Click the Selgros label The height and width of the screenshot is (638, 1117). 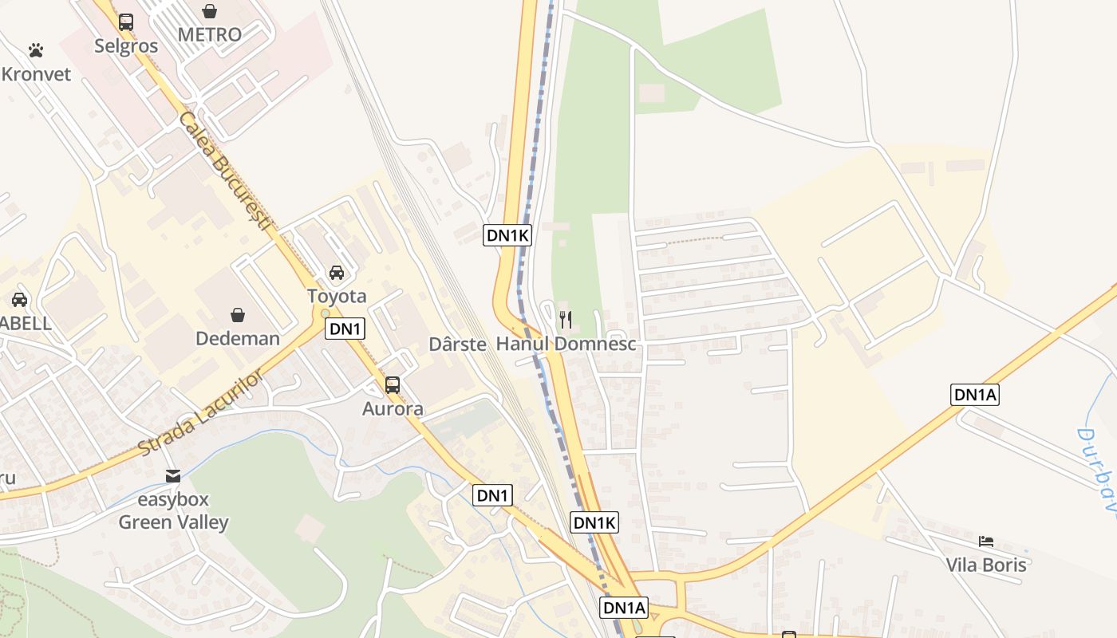[x=126, y=46]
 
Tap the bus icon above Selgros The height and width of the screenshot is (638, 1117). [x=126, y=22]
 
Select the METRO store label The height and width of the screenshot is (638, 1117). [x=209, y=35]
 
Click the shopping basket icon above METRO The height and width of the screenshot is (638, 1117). [x=209, y=11]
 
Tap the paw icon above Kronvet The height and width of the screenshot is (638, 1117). [x=36, y=50]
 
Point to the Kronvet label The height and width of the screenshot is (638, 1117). [x=37, y=74]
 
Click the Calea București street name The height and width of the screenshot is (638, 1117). [x=225, y=172]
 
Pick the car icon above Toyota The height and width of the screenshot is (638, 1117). [x=337, y=273]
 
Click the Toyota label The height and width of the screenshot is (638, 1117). [x=337, y=297]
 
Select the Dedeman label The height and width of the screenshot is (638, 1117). [x=238, y=338]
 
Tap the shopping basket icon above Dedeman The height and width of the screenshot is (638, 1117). [x=237, y=315]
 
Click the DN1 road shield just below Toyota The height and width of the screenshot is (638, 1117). [x=345, y=329]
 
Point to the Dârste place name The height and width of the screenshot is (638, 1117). [x=457, y=345]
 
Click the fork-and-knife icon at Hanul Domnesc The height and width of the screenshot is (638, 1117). [x=566, y=320]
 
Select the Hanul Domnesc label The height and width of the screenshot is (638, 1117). [x=566, y=345]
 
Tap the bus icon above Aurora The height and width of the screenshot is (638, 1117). [x=393, y=385]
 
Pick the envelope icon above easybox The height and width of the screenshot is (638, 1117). [x=173, y=476]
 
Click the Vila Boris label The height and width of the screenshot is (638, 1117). [x=986, y=565]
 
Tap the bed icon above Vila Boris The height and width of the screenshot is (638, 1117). [x=986, y=542]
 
